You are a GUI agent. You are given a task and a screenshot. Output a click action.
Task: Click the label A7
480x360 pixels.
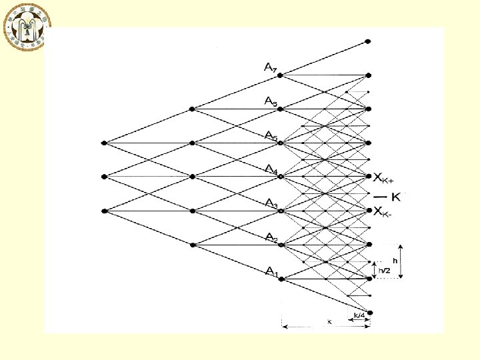270,67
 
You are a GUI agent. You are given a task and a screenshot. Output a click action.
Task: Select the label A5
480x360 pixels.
271,136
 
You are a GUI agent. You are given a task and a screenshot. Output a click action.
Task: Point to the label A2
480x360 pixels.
271,237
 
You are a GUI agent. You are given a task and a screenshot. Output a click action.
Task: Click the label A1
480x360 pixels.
271,271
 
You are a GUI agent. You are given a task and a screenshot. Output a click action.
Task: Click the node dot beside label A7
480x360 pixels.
281,75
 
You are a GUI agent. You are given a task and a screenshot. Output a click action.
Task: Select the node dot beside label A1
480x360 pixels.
281,279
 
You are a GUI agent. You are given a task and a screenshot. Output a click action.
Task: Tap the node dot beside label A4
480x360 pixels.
281,177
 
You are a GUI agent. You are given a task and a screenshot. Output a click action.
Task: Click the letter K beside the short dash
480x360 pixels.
397,196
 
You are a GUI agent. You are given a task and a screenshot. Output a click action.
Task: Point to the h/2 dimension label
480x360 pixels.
385,271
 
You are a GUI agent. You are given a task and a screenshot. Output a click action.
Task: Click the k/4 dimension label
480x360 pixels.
359,315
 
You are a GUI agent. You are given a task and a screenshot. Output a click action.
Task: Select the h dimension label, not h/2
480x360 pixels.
395,259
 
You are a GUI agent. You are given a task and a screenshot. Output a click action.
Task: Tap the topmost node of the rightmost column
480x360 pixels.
369,41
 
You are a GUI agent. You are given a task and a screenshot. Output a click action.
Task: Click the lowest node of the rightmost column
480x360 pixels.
369,312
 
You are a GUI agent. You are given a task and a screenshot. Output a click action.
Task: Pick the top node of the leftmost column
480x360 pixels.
104,143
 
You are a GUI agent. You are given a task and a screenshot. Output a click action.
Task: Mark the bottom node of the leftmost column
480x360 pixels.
104,211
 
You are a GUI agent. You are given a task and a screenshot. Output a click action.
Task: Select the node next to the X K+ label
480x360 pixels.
369,176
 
